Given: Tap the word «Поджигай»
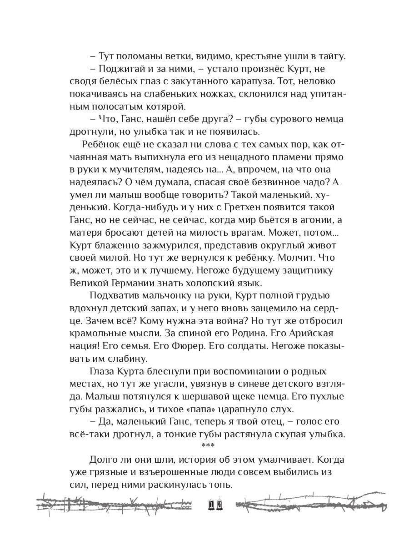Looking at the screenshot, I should click(118, 69).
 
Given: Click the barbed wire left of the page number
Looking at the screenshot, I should click(114, 505).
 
